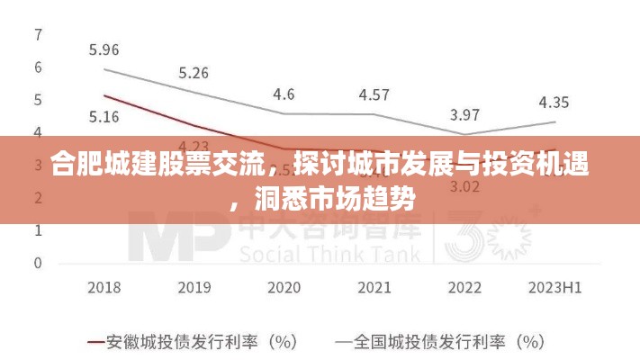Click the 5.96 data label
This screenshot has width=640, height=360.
pos(104,49)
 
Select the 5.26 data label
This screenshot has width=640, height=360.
pos(194,73)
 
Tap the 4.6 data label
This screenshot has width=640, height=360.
pos(284,93)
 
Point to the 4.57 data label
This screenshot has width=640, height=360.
pos(374,94)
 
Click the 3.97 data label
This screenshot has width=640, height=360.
pos(464,114)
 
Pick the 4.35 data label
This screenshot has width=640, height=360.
pos(554,102)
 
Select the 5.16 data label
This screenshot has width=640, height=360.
pos(104,116)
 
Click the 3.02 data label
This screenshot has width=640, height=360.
pos(464,186)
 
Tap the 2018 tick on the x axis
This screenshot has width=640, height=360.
pos(104,288)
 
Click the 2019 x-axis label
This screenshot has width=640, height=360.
pos(194,288)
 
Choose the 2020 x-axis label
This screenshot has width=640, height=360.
pos(284,288)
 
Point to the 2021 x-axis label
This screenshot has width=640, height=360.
pos(374,288)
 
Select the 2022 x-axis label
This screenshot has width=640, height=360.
pos(464,288)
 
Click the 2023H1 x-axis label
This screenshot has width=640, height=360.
pos(554,288)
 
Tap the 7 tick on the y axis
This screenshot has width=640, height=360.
pos(38,34)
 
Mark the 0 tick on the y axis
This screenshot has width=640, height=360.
pos(38,263)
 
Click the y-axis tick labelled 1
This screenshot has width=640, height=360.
pos(38,230)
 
